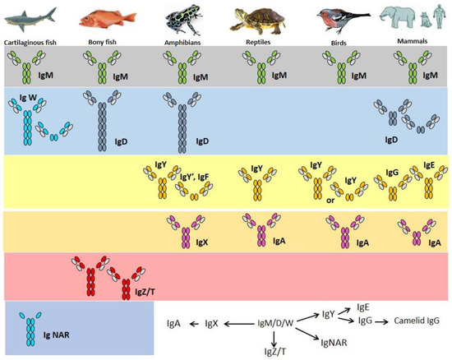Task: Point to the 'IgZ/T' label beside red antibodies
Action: click(146, 289)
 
